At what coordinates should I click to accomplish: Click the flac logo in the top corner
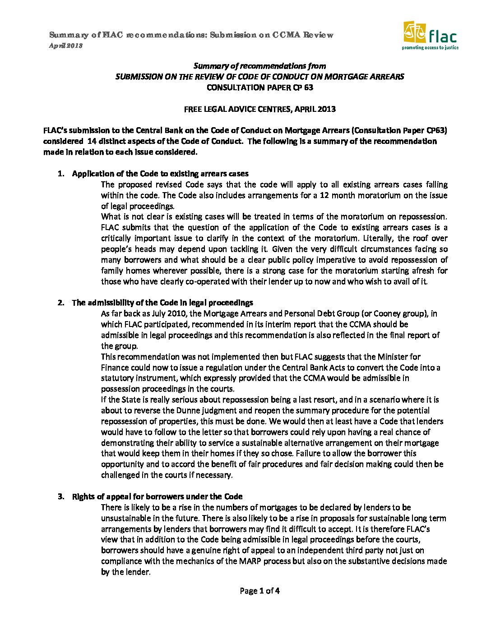click(431, 35)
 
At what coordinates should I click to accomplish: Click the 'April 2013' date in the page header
click(65, 46)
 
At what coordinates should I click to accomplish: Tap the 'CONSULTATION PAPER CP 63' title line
click(259, 87)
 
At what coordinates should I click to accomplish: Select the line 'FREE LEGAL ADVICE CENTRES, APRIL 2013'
click(259, 109)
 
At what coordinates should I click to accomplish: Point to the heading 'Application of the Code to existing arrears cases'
click(160, 174)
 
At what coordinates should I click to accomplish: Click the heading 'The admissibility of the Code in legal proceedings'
click(162, 303)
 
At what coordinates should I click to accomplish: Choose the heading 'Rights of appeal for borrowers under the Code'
click(157, 497)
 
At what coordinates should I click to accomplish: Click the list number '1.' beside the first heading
click(61, 174)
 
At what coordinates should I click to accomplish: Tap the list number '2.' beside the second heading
click(61, 303)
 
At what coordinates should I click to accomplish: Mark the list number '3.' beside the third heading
click(61, 497)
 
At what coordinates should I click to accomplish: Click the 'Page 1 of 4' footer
click(259, 591)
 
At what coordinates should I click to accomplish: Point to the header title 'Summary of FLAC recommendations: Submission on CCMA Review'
click(191, 35)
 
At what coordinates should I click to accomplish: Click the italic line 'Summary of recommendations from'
click(259, 66)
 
